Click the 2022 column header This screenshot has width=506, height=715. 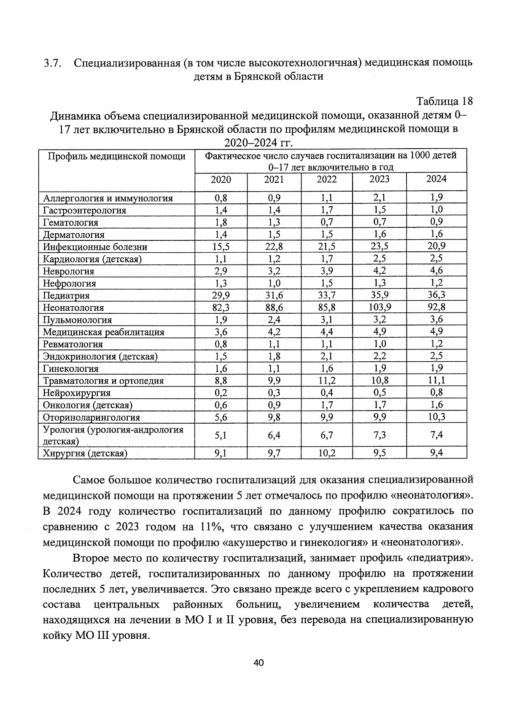327,179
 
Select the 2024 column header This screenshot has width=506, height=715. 436,179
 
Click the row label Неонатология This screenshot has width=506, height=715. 73,308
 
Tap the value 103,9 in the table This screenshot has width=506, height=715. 379,307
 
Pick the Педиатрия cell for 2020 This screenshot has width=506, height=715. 221,296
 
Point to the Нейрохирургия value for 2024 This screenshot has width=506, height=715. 436,392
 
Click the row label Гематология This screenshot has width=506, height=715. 70,222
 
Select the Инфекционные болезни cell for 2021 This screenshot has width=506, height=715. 274,247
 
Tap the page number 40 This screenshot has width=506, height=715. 258,663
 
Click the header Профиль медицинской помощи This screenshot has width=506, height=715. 116,156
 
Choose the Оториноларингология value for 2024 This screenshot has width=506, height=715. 436,417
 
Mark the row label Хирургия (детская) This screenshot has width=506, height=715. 85,454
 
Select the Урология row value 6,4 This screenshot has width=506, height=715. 274,435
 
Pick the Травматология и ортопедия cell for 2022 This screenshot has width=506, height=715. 327,381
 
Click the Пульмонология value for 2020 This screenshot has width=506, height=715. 221,320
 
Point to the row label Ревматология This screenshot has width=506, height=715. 73,344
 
